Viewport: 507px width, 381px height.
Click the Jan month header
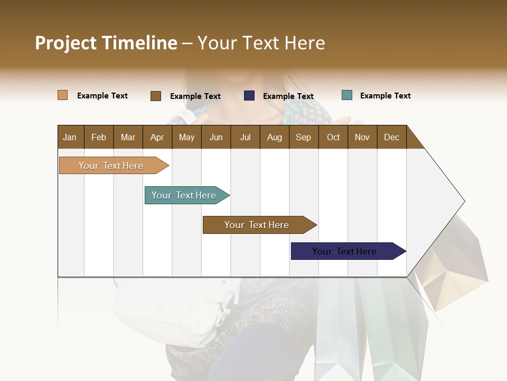coord(70,137)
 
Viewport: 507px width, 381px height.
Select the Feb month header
coord(99,137)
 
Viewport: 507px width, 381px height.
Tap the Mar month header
coord(128,137)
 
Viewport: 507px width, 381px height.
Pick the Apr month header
coord(157,137)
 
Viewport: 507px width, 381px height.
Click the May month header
coord(186,137)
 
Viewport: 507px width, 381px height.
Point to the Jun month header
coord(216,137)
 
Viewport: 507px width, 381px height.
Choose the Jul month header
coord(245,137)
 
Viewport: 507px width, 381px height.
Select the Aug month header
coord(274,137)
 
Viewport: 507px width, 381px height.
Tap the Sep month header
coord(303,137)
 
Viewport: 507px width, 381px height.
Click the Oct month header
coord(333,137)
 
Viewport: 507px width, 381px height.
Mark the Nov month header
coord(362,137)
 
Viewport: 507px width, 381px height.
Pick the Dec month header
coord(391,137)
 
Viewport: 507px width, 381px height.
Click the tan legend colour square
coord(63,95)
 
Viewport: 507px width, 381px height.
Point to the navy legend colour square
coord(249,96)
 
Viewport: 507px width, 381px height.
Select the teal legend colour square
coord(347,95)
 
